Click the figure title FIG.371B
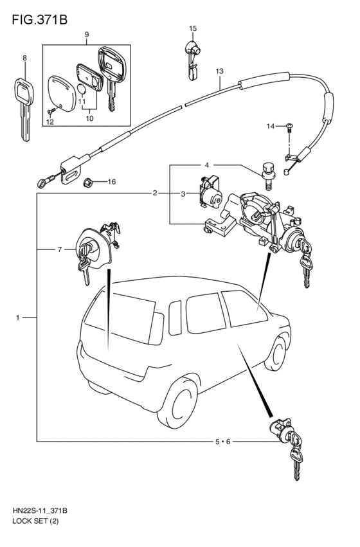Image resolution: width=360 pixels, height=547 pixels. (x=39, y=19)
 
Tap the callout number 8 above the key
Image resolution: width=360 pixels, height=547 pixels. (x=24, y=58)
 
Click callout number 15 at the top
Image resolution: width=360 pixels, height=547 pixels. (x=193, y=28)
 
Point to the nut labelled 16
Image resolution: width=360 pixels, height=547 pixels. (x=87, y=182)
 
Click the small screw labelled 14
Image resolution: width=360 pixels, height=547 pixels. (x=289, y=128)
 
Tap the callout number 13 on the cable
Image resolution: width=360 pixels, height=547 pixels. (x=219, y=71)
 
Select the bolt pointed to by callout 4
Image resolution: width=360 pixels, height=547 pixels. (x=267, y=175)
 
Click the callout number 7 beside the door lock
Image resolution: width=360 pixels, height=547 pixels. (x=60, y=249)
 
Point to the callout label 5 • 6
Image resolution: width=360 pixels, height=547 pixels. (x=222, y=442)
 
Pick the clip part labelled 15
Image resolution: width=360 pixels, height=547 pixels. (x=192, y=60)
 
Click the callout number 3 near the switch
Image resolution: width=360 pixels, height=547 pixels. (x=183, y=194)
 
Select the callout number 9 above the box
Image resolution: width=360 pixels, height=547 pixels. (x=87, y=35)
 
